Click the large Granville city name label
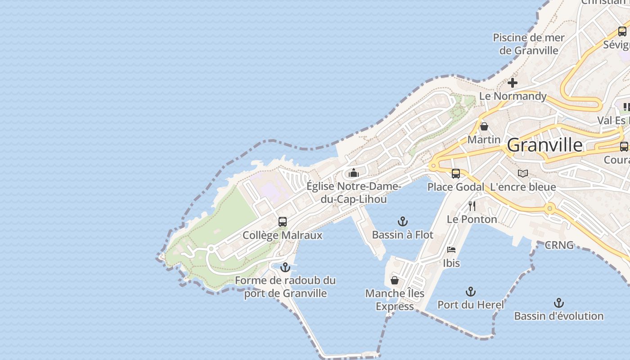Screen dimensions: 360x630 tap(544, 145)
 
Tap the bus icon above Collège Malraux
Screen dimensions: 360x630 tap(283, 222)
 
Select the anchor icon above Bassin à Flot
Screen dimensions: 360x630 tap(403, 221)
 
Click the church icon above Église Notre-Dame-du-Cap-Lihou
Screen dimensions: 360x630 tap(354, 173)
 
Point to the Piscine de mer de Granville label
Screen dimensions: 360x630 tap(529, 44)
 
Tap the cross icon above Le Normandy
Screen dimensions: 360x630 tap(513, 83)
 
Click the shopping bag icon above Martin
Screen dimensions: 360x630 tap(484, 126)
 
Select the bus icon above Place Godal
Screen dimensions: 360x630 tap(456, 174)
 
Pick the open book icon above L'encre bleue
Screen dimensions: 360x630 tap(522, 174)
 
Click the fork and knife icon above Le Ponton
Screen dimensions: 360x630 tap(472, 206)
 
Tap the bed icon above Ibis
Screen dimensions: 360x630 tap(451, 250)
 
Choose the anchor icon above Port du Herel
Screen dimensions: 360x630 tap(471, 292)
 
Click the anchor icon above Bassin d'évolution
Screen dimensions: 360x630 tap(559, 303)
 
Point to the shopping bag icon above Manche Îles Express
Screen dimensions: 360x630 tap(395, 280)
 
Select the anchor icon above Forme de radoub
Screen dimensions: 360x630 tap(285, 268)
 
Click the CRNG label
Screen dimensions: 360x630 tap(559, 245)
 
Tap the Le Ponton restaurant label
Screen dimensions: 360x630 tap(472, 219)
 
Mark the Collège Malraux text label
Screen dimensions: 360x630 tap(283, 235)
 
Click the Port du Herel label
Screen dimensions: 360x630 tap(471, 305)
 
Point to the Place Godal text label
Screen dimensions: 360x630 tap(456, 187)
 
